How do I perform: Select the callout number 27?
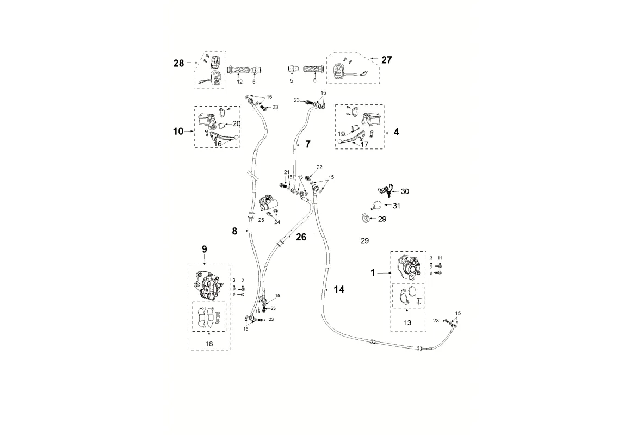click(x=387, y=60)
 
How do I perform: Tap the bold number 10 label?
click(x=179, y=131)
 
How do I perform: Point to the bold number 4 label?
click(x=397, y=132)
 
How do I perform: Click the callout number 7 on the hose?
click(x=307, y=144)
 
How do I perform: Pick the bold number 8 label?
click(x=234, y=231)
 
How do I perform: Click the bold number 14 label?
click(x=339, y=290)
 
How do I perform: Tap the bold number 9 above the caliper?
click(x=205, y=249)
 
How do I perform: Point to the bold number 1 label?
click(x=373, y=272)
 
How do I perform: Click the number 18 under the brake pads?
click(x=209, y=344)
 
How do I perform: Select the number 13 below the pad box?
click(x=407, y=322)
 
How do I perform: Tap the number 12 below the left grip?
click(x=239, y=81)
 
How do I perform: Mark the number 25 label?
click(x=261, y=220)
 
